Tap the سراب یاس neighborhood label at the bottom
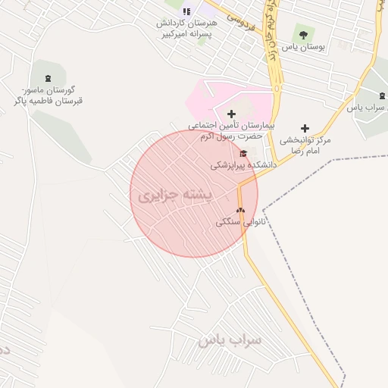click(x=230, y=339)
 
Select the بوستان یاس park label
click(x=302, y=47)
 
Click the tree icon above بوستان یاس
click(x=302, y=34)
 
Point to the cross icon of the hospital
click(x=231, y=114)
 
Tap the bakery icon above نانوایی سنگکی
click(x=240, y=211)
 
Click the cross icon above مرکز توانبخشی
click(x=305, y=128)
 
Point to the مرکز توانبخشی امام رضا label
click(x=305, y=145)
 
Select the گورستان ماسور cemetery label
click(x=48, y=95)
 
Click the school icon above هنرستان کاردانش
click(x=186, y=11)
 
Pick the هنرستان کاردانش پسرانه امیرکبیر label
click(x=186, y=29)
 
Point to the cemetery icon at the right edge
click(x=382, y=96)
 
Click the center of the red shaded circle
click(x=194, y=194)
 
